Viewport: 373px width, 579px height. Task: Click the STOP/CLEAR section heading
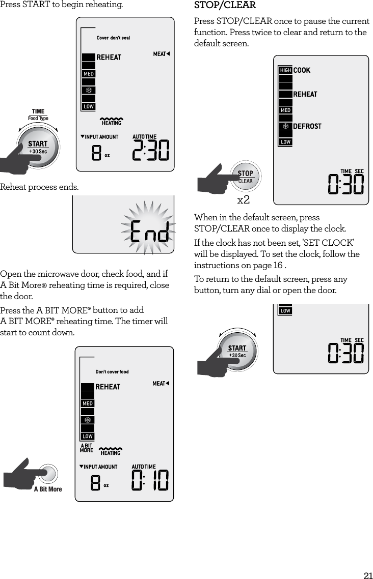pyautogui.click(x=225, y=6)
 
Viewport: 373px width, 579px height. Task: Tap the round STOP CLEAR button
pyautogui.click(x=245, y=177)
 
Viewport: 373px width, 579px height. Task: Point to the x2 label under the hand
pyautogui.click(x=244, y=199)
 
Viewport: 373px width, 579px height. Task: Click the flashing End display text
pyautogui.click(x=149, y=231)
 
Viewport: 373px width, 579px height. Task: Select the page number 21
pyautogui.click(x=367, y=575)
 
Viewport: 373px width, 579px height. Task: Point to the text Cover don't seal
pyautogui.click(x=113, y=38)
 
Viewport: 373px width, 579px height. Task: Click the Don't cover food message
pyautogui.click(x=112, y=372)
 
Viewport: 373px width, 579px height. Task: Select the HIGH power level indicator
pyautogui.click(x=285, y=70)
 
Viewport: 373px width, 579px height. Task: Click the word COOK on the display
pyautogui.click(x=302, y=70)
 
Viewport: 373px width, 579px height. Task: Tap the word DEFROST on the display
pyautogui.click(x=307, y=126)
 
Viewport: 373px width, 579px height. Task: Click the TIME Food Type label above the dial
pyautogui.click(x=38, y=114)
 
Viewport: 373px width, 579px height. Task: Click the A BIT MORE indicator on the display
pyautogui.click(x=87, y=448)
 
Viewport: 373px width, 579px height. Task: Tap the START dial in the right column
pyautogui.click(x=237, y=351)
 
